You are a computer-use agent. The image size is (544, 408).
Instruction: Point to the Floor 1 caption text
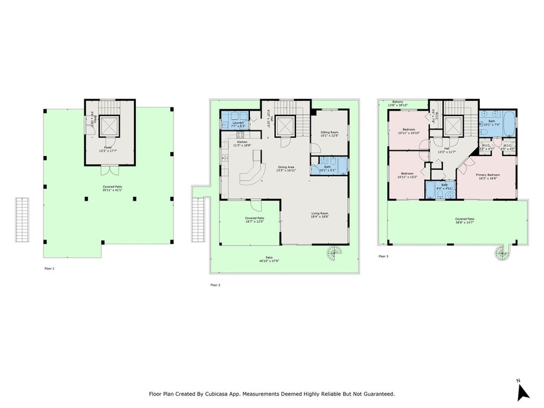click(x=49, y=267)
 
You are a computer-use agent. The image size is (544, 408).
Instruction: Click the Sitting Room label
click(x=330, y=134)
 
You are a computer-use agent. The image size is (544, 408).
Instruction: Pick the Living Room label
click(x=320, y=215)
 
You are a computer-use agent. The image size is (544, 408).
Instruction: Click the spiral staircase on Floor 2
click(x=335, y=253)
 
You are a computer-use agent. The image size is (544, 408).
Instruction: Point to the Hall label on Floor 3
click(x=447, y=150)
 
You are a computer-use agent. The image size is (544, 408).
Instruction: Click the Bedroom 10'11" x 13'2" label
click(x=407, y=175)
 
